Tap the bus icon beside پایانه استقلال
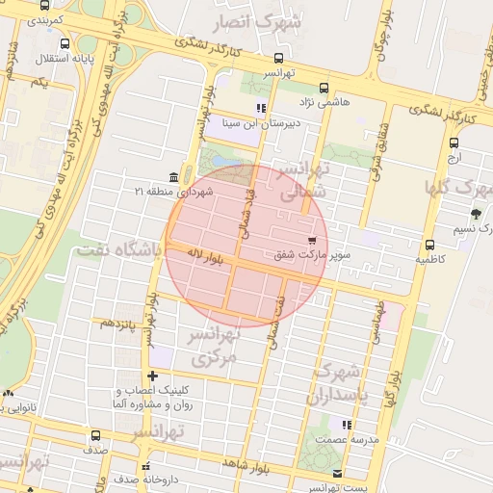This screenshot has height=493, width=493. [x=65, y=44]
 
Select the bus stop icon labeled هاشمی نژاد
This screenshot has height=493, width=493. [x=324, y=87]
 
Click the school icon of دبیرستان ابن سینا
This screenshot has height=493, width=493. [x=260, y=108]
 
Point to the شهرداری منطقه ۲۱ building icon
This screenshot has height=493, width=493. [x=172, y=177]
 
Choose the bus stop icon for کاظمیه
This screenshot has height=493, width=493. [x=428, y=245]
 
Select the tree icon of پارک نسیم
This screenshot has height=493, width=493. [x=475, y=213]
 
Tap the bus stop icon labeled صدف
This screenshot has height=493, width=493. [x=94, y=435]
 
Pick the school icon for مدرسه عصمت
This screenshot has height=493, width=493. [x=346, y=424]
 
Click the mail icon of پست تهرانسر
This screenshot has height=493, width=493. [x=336, y=474]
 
